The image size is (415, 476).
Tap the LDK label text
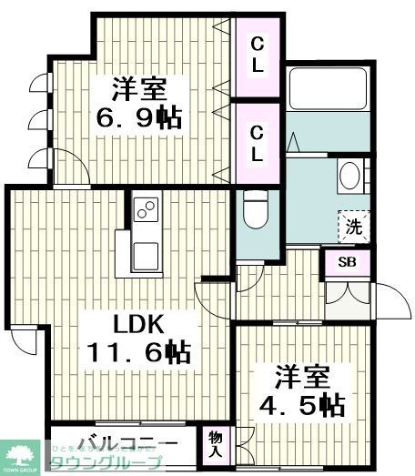click(137, 324)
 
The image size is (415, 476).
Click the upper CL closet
click(258, 54)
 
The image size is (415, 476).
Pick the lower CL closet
click(258, 143)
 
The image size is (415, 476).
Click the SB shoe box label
click(348, 262)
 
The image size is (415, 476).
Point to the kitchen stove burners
click(145, 210)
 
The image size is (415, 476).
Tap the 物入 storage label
click(216, 443)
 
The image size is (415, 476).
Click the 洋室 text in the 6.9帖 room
click(139, 89)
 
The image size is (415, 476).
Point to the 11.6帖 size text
click(137, 352)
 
